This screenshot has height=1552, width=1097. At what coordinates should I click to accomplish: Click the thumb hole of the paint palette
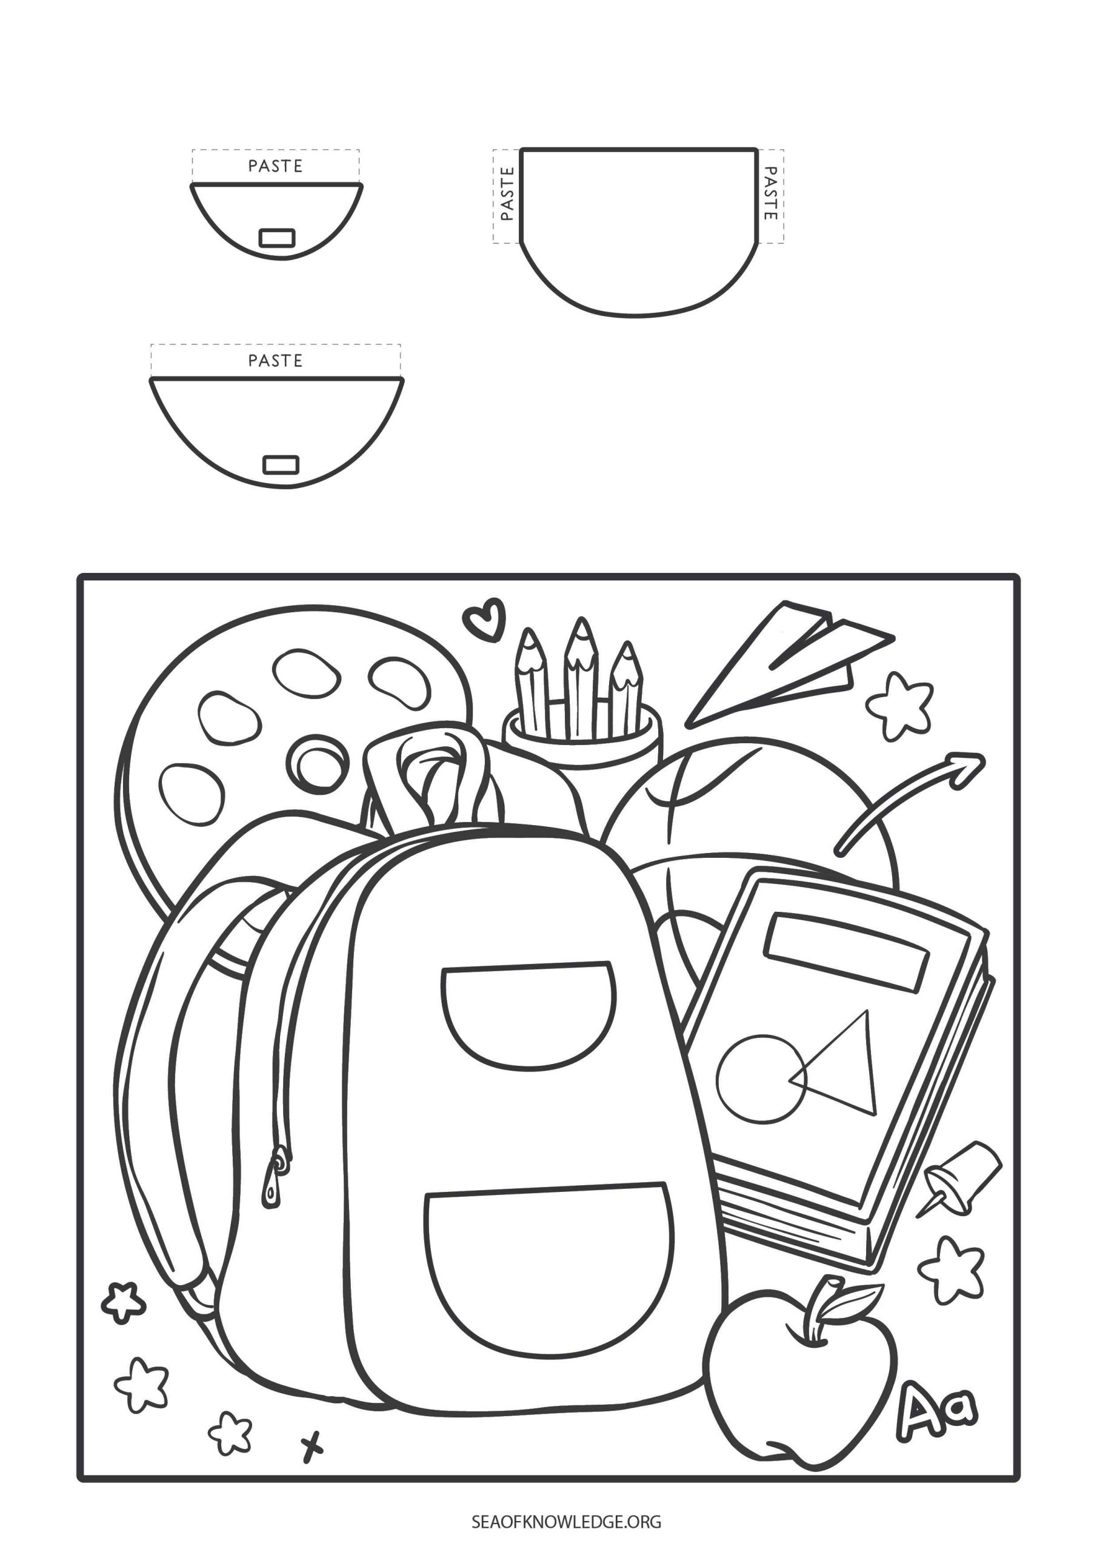pyautogui.click(x=316, y=766)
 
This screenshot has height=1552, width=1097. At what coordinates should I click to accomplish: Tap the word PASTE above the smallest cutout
pyautogui.click(x=275, y=166)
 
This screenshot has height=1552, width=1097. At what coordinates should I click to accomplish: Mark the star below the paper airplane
pyautogui.click(x=899, y=707)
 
